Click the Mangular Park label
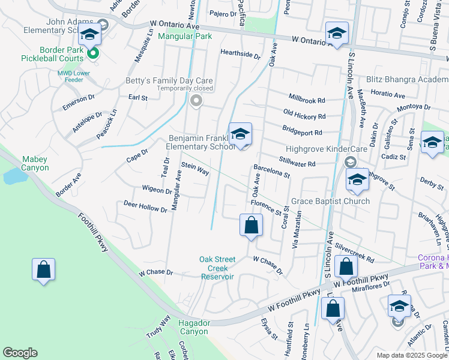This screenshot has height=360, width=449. pyautogui.click(x=185, y=37)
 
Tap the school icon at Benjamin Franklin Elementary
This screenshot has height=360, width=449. pyautogui.click(x=240, y=134)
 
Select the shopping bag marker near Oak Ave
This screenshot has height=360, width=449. pyautogui.click(x=252, y=226)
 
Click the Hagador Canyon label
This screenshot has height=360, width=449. pyautogui.click(x=194, y=327)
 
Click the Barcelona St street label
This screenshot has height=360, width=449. pyautogui.click(x=271, y=172)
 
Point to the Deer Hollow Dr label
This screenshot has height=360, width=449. pyautogui.click(x=145, y=207)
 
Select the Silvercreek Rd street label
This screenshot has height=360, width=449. pyautogui.click(x=355, y=253)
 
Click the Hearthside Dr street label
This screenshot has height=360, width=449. pyautogui.click(x=240, y=55)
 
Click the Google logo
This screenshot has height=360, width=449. pyautogui.click(x=20, y=353)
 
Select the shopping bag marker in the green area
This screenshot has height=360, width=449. pyautogui.click(x=44, y=271)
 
